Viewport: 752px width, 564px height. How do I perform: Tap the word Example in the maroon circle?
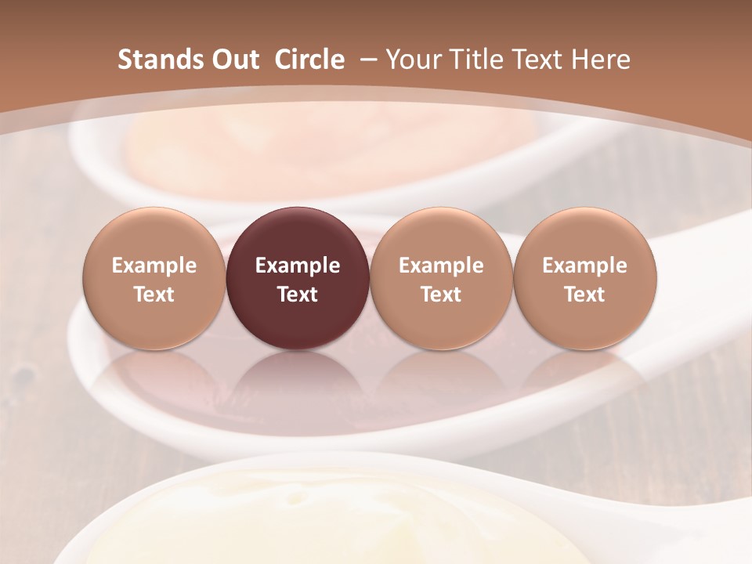[x=298, y=266]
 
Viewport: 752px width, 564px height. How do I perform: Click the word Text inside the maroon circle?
[x=298, y=295]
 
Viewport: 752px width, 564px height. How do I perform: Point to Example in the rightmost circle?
[x=584, y=266]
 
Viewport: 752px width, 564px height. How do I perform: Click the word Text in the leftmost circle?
[x=154, y=295]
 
